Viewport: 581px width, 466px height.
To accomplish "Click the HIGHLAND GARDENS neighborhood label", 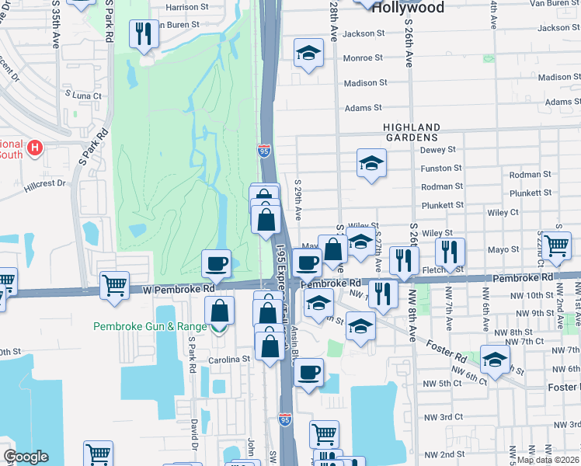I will pyautogui.click(x=411, y=132).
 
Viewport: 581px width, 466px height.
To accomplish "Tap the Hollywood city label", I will pyautogui.click(x=408, y=8).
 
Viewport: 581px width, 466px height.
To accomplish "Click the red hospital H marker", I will pyautogui.click(x=34, y=146).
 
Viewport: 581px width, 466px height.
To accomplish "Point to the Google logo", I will pyautogui.click(x=26, y=457).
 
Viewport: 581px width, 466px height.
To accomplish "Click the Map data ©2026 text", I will pyautogui.click(x=548, y=460).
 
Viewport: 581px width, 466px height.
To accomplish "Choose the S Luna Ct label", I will pyautogui.click(x=84, y=95).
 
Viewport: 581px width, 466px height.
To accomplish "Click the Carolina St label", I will pyautogui.click(x=229, y=360).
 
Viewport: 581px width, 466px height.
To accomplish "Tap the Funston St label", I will pyautogui.click(x=440, y=168).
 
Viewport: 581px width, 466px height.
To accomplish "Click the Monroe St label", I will pyautogui.click(x=363, y=57).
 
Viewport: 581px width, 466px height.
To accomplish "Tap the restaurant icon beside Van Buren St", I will pyautogui.click(x=143, y=33).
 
